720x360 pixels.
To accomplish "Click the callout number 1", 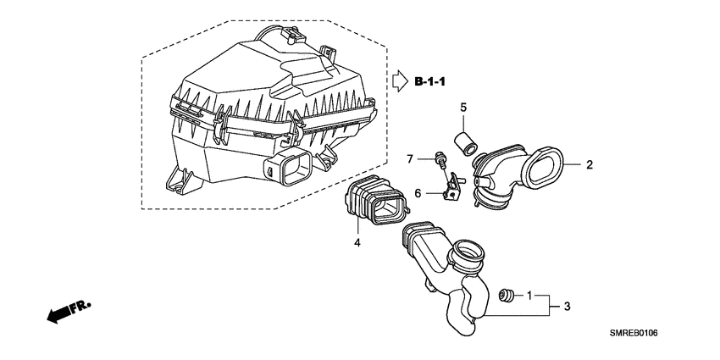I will pyautogui.click(x=530, y=296).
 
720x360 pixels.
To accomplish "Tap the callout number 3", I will pyautogui.click(x=567, y=306).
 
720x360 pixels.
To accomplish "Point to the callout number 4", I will pyautogui.click(x=357, y=243).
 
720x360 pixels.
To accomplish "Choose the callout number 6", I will pyautogui.click(x=417, y=193).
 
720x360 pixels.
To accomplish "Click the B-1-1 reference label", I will pyautogui.click(x=430, y=81).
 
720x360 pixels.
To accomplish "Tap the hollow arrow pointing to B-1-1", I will pyautogui.click(x=400, y=81).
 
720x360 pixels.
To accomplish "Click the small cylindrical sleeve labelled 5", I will pyautogui.click(x=464, y=138).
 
